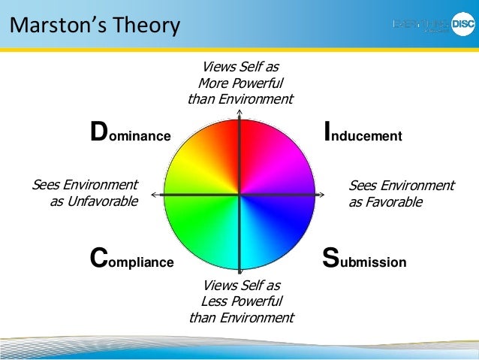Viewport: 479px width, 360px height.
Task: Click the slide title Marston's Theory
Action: (x=95, y=26)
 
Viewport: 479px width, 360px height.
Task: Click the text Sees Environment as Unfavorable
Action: (x=85, y=193)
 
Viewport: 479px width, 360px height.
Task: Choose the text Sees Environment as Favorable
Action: (x=401, y=194)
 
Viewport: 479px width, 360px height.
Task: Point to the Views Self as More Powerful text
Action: (x=240, y=83)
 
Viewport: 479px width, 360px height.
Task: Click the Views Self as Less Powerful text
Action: (x=240, y=301)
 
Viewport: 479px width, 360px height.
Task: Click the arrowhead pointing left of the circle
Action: (x=153, y=195)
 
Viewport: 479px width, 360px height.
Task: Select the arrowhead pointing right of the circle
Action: (x=326, y=195)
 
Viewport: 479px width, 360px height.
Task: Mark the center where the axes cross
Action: (x=239, y=195)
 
